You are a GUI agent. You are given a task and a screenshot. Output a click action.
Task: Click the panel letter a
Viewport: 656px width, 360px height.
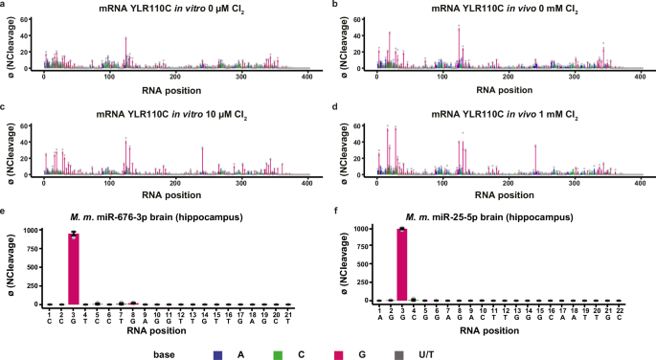click(x=5, y=6)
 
